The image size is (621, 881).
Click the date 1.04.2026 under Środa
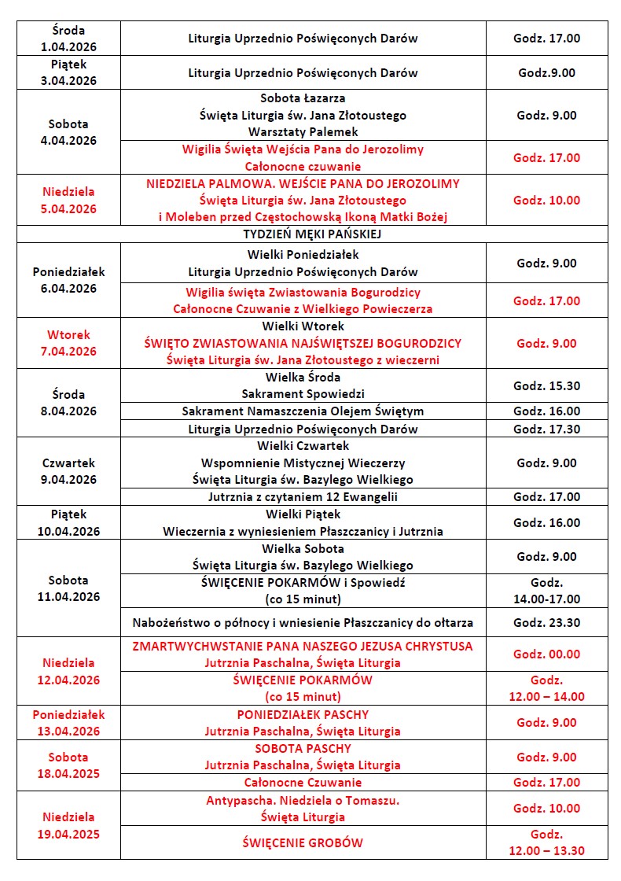point(68,46)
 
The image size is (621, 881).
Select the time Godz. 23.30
point(546,622)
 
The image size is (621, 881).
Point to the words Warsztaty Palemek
point(303,131)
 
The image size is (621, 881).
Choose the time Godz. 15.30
point(546,385)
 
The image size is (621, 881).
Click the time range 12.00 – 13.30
point(546,850)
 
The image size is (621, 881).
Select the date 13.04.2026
point(68,731)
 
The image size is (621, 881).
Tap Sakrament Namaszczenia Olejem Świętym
point(303,411)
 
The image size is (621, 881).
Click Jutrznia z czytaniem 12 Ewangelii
point(303,496)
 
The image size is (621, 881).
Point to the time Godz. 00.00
point(546,654)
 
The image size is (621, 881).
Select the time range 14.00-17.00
point(546,599)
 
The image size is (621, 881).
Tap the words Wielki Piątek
point(303,514)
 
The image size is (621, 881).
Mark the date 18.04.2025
point(68,773)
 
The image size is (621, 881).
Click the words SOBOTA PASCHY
point(303,748)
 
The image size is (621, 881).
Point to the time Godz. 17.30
point(546,429)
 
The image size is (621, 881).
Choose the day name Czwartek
point(68,463)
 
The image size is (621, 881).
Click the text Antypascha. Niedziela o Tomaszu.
point(303,800)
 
